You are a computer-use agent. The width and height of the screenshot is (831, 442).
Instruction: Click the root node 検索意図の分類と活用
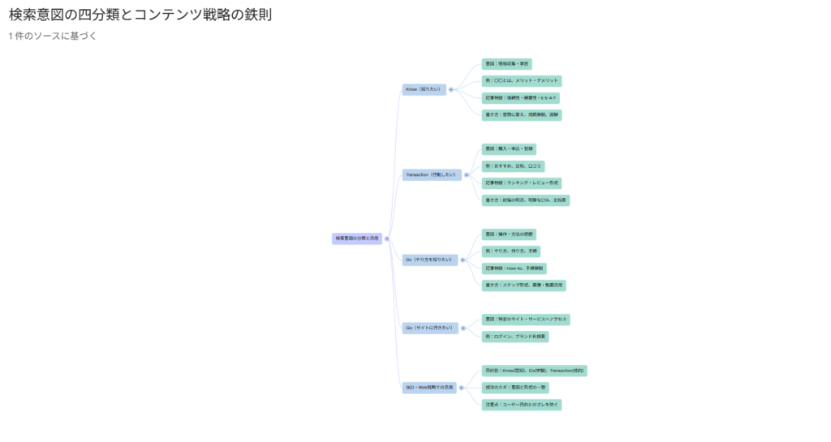coord(357,238)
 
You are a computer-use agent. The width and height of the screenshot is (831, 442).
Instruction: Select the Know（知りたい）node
coord(424,89)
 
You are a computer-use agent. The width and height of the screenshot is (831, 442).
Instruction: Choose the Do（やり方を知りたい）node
coord(430,260)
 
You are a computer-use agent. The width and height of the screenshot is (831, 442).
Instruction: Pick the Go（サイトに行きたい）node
coord(430,328)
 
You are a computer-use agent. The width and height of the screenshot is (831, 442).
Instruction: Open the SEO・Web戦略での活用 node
coord(430,388)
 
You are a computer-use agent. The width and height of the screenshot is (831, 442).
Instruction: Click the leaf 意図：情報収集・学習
coord(507,64)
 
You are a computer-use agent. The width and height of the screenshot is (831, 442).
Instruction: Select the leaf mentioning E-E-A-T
coord(521,98)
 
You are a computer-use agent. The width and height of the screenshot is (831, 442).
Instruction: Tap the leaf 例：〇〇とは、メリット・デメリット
coord(522,81)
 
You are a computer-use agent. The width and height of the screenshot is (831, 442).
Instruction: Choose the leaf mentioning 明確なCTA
coord(526,200)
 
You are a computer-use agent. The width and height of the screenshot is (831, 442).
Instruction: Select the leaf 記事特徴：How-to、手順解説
coord(515,268)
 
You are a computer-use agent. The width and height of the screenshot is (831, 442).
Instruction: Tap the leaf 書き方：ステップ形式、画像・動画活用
coord(524,285)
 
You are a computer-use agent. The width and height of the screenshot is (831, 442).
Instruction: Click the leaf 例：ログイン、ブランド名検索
coord(515,337)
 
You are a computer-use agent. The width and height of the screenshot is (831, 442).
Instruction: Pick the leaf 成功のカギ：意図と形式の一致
coord(515,388)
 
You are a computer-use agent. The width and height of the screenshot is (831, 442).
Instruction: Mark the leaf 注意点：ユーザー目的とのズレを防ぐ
coord(521,405)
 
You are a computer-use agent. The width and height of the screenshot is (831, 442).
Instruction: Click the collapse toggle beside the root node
coord(387,238)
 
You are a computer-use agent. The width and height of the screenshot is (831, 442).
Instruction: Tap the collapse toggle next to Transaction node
coord(466,174)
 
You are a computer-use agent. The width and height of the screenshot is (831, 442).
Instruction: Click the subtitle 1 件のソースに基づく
coord(53,36)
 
